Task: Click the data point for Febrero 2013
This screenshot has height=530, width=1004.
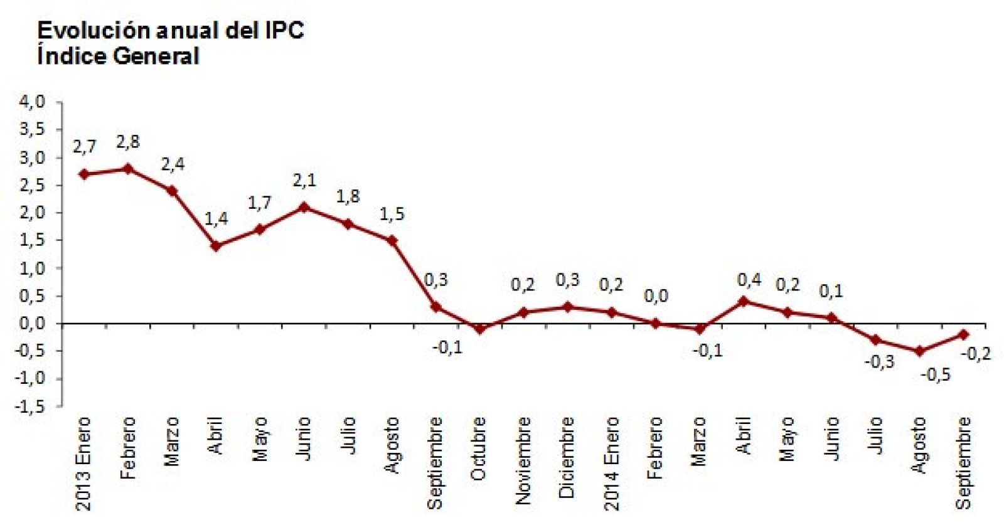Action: [128, 169]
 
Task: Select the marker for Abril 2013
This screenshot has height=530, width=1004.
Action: [216, 246]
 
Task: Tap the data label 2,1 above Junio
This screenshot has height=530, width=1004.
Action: [304, 181]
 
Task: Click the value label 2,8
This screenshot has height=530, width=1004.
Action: [128, 142]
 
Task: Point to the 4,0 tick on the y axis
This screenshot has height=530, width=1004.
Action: [32, 102]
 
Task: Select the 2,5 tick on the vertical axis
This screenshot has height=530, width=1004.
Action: [32, 185]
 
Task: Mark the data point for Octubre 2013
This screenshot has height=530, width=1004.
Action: [480, 329]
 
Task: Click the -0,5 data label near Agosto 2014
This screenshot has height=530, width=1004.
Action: [936, 375]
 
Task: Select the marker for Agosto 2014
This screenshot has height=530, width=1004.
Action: [920, 351]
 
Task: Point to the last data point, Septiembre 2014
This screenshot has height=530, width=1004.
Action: [964, 334]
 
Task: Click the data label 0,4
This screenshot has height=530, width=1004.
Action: [749, 280]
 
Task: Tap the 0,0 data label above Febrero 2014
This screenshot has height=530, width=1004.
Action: [656, 295]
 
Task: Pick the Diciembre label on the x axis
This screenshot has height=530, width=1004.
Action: [567, 457]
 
